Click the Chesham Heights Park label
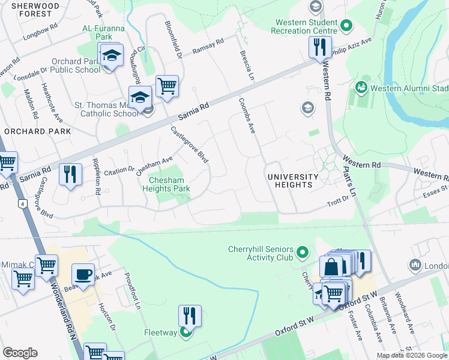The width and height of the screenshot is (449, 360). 166,184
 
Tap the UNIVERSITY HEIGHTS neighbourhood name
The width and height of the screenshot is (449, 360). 292,181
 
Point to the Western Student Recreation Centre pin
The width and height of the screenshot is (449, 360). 346,26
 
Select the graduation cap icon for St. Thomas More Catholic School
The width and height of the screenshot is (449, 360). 140,97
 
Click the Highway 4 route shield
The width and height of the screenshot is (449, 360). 23,205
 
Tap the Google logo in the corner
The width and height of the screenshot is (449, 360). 20,353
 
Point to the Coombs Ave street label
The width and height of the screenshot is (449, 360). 247,113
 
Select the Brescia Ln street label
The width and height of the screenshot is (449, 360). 247,66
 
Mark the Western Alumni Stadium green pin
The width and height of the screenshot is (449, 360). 361,88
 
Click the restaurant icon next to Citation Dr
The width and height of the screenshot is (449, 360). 70,175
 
